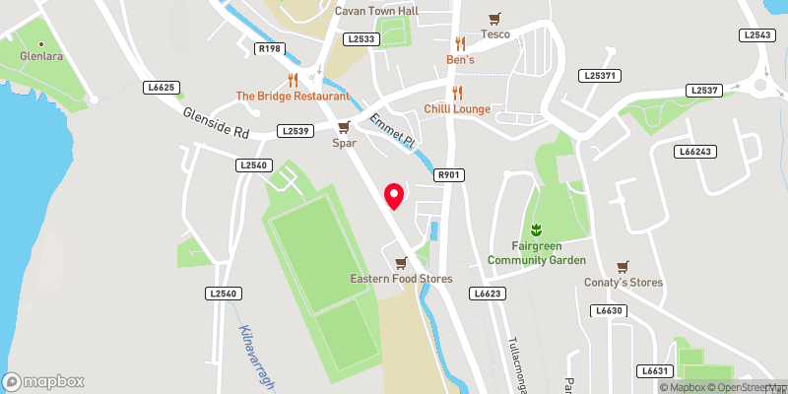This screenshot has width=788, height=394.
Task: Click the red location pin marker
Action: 394,195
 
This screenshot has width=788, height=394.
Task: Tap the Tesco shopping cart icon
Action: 494,19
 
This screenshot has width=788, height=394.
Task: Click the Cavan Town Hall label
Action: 376,11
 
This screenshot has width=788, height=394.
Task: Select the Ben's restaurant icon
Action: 459,43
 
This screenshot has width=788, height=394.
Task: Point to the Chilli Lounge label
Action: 457,108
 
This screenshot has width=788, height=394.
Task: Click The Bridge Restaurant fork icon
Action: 293,79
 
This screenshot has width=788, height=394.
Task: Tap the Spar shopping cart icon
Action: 344,127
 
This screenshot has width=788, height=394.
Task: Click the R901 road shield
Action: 449,174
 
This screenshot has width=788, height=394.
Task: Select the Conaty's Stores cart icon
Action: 623,266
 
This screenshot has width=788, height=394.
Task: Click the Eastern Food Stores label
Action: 401,279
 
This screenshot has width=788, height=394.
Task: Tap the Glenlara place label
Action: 41,57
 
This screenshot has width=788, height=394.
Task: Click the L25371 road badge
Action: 601,75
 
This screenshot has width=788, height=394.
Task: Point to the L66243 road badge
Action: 695,152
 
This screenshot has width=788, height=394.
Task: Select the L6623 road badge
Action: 487,294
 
